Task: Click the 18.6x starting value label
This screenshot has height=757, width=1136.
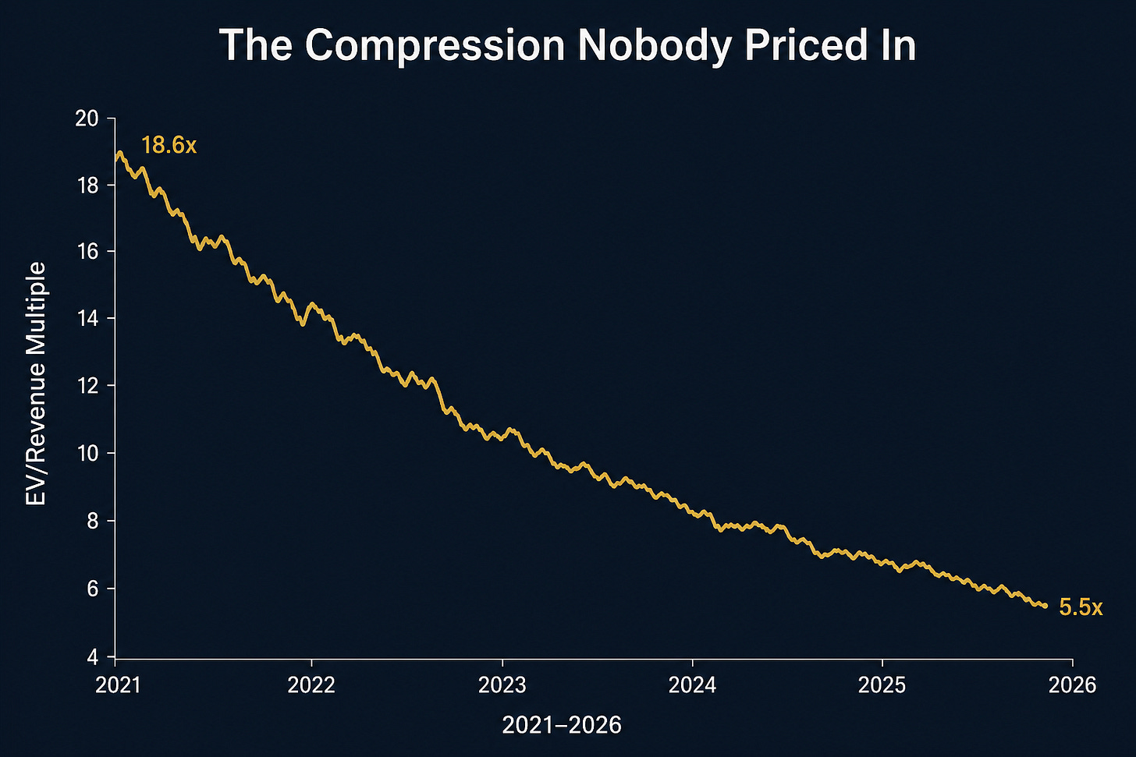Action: coord(169,146)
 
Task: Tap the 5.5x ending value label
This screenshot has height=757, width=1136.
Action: coord(1081,607)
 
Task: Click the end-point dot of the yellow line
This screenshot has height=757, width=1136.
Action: coord(1045,606)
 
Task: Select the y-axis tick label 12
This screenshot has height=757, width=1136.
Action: coord(87,386)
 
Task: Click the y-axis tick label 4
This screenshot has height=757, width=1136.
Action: coord(93,657)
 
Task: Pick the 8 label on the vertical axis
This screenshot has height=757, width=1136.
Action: coord(93,521)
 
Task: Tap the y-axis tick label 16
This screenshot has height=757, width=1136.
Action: coord(87,252)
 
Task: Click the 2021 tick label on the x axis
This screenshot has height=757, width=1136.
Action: coord(118,685)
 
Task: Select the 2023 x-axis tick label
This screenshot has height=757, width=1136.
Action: coord(502,685)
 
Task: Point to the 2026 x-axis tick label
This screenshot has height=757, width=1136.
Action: coord(1072,685)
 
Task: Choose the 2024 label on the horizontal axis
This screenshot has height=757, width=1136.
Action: coord(692,685)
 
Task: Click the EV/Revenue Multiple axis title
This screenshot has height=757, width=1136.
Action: coord(36,384)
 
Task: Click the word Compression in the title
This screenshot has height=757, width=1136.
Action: coord(435,46)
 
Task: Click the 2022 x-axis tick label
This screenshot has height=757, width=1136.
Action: coord(311,685)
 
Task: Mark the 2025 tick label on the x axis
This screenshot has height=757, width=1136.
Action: coord(882,685)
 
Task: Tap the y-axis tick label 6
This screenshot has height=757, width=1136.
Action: coord(93,589)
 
